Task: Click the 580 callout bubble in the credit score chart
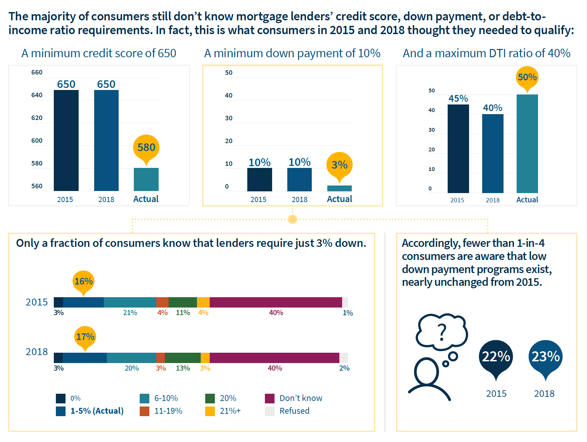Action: (x=146, y=147)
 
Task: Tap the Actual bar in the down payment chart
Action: (x=339, y=188)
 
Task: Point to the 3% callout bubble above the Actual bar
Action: (x=339, y=165)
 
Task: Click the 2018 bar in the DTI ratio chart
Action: (x=493, y=153)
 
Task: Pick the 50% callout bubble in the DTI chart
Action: (x=527, y=77)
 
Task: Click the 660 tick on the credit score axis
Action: (x=37, y=72)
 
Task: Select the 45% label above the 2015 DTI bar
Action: (x=458, y=99)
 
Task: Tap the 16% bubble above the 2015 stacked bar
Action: (x=83, y=281)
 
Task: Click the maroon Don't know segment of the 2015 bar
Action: (x=276, y=302)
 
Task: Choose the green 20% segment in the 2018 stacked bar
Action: (x=182, y=358)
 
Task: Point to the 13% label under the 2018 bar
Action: (x=183, y=368)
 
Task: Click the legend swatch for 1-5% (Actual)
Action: (x=61, y=411)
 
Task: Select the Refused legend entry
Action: (x=294, y=411)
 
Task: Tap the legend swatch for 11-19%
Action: (x=145, y=411)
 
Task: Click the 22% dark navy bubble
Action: (x=496, y=357)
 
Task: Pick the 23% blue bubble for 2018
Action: (x=545, y=357)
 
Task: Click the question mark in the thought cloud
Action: (x=442, y=332)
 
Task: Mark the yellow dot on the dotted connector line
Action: (x=292, y=219)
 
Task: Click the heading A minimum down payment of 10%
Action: (x=292, y=53)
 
